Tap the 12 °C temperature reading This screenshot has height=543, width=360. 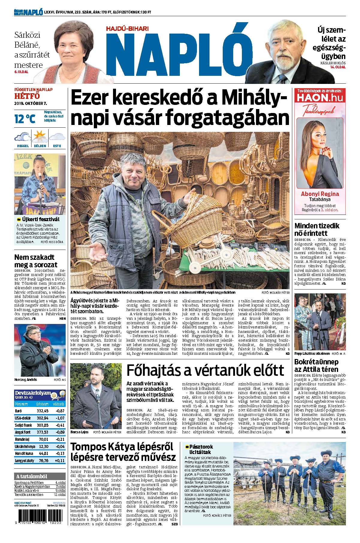pos(25,119)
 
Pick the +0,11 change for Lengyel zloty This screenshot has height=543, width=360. pos(59,460)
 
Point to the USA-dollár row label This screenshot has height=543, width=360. pos(22,418)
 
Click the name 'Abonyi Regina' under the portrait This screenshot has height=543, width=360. pos(320,194)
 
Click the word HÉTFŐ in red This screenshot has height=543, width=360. pos(27,96)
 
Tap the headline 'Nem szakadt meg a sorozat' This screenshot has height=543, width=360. pos(36,261)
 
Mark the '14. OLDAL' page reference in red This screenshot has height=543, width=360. pos(338,67)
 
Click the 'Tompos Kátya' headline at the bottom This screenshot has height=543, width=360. pos(123,452)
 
